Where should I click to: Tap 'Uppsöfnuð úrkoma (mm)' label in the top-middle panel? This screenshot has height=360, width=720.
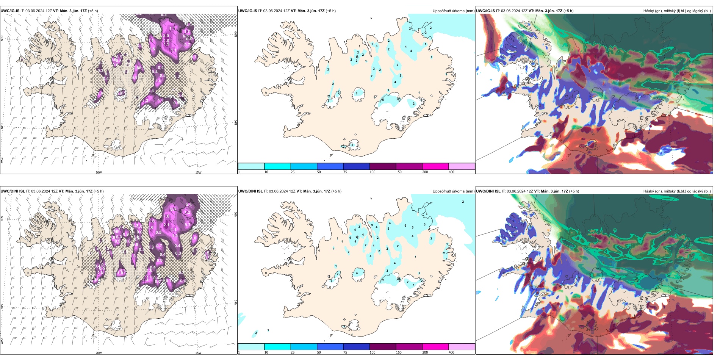pyautogui.click(x=453, y=11)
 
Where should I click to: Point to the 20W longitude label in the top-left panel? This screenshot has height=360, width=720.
pyautogui.click(x=99, y=172)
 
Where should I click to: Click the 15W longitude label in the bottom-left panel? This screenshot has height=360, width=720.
pyautogui.click(x=198, y=353)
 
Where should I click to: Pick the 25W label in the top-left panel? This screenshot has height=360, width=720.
pyautogui.click(x=2, y=160)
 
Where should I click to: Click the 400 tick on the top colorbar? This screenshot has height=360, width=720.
pyautogui.click(x=451, y=172)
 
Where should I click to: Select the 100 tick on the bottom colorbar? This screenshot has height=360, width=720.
pyautogui.click(x=373, y=352)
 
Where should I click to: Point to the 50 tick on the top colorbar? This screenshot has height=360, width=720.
pyautogui.click(x=319, y=172)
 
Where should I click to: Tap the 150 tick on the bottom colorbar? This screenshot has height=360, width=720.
pyautogui.click(x=399, y=352)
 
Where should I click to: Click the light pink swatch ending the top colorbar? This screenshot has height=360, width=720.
pyautogui.click(x=462, y=166)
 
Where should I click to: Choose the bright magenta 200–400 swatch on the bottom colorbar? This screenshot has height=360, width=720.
pyautogui.click(x=435, y=347)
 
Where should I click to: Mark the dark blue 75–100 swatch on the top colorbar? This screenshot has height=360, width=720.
pyautogui.click(x=356, y=166)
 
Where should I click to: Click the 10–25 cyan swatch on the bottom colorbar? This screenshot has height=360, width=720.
pyautogui.click(x=277, y=347)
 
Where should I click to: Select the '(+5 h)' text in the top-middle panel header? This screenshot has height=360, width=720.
pyautogui.click(x=331, y=11)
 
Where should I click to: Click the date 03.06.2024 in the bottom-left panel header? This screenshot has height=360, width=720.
pyautogui.click(x=41, y=191)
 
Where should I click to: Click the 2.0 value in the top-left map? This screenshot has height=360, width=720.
pyautogui.click(x=166, y=36)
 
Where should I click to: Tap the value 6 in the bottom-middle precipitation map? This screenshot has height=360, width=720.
pyautogui.click(x=405, y=226)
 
